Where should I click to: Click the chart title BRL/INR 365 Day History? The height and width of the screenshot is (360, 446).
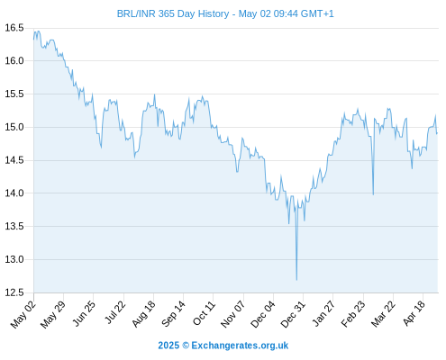173,13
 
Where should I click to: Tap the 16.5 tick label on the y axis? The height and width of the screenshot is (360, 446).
14,28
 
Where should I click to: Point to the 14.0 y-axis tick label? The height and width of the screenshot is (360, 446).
14,193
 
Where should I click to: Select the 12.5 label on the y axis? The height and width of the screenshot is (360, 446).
14,292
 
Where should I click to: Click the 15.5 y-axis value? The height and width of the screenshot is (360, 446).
14,94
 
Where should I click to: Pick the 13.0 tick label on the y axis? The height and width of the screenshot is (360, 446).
14,259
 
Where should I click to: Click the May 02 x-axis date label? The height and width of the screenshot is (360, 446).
23,314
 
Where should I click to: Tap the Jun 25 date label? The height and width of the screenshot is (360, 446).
84,313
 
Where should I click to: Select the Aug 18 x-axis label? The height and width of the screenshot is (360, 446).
144,313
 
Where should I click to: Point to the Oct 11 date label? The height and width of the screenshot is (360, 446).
204,313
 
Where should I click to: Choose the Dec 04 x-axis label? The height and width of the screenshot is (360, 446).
263,314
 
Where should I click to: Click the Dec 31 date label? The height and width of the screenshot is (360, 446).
293,314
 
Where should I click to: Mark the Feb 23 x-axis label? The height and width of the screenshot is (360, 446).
353,314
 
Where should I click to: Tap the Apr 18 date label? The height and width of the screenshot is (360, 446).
414,313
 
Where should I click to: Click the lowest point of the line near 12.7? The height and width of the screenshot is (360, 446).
296,280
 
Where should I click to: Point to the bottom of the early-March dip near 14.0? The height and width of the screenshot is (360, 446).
373,194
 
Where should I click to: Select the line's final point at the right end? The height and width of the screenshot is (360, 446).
437,133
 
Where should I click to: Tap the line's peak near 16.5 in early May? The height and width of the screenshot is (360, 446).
38,31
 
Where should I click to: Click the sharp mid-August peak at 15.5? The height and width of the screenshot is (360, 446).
154,94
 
